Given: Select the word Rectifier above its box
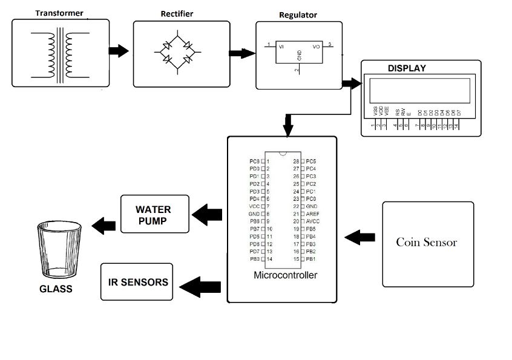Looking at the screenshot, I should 177,13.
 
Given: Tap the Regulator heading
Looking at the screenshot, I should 298,15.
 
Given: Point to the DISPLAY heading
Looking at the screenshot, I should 407,68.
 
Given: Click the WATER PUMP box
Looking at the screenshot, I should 154,215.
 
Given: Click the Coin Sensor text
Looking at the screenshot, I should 426,243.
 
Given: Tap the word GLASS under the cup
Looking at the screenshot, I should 56,289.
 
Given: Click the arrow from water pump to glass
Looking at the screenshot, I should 103,225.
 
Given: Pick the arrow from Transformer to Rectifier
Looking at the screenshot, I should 118,51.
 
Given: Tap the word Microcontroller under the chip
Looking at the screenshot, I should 285,275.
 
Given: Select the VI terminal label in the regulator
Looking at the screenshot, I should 281,46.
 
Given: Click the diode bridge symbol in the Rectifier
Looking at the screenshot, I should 177,53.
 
